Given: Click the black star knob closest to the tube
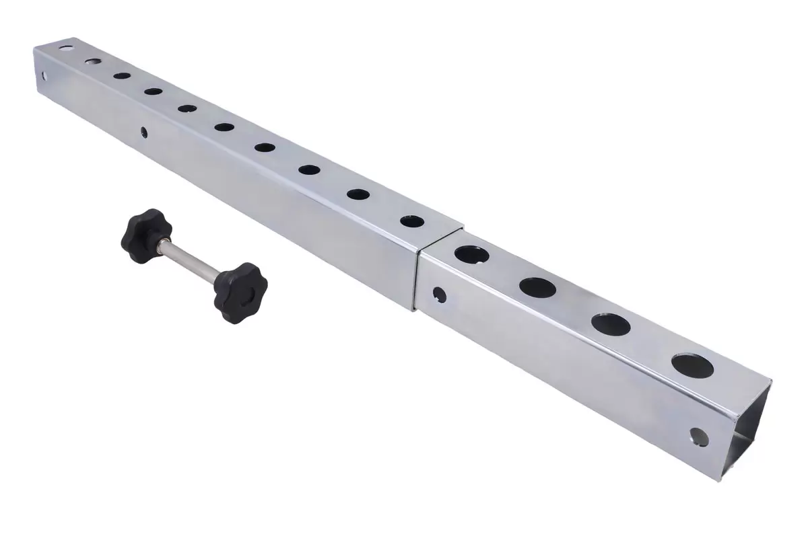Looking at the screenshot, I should pyautogui.click(x=240, y=290).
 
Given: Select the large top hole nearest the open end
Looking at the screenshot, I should pyautogui.click(x=692, y=364).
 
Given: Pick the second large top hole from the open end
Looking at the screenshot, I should pyautogui.click(x=611, y=324).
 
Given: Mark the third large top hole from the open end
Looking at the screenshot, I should pyautogui.click(x=537, y=287).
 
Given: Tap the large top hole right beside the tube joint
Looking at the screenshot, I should pyautogui.click(x=471, y=254).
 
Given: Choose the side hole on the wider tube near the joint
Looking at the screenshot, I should pyautogui.click(x=439, y=294).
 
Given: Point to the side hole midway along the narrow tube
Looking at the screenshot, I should pyautogui.click(x=143, y=132).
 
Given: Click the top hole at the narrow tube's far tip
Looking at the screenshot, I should pyautogui.click(x=66, y=48).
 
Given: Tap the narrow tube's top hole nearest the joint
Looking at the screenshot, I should pyautogui.click(x=411, y=221).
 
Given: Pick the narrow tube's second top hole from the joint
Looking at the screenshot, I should pyautogui.click(x=358, y=194).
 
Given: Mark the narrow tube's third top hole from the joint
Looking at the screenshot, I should pyautogui.click(x=309, y=169).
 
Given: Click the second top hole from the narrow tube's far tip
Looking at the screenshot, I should pyautogui.click(x=92, y=62).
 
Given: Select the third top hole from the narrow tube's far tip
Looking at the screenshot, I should pyautogui.click(x=122, y=76).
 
